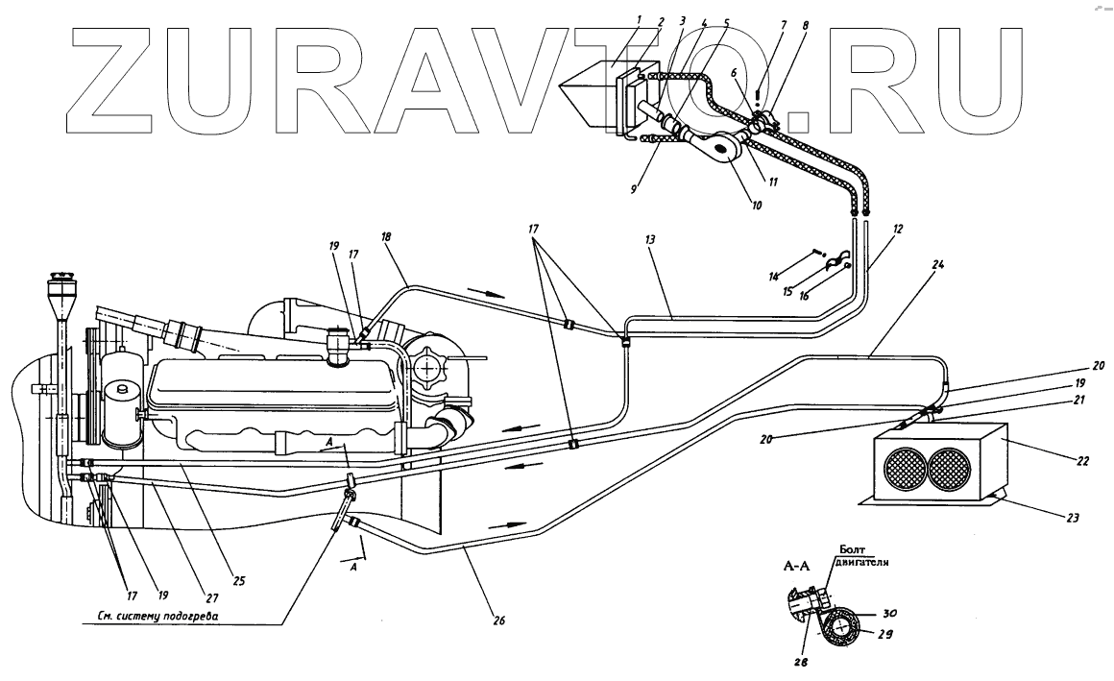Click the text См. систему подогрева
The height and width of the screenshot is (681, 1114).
144,616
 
